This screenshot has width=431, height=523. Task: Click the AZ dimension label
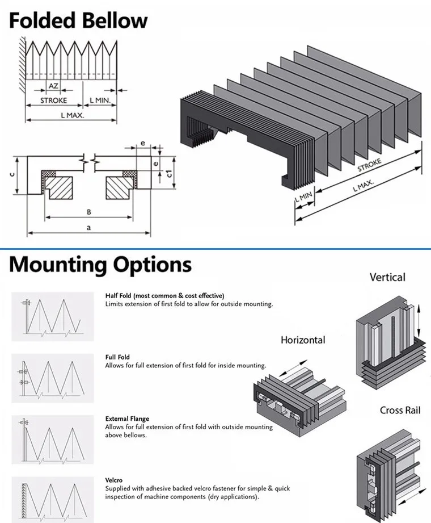point(53,86)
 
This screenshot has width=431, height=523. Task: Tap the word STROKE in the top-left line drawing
point(53,101)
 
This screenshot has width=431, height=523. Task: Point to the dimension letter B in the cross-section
point(88,212)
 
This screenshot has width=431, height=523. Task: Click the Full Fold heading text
point(118,357)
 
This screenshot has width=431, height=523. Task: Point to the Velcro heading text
point(113,480)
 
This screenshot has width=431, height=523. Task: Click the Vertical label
point(387,277)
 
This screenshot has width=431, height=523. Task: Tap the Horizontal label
point(303,340)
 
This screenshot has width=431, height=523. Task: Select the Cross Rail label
point(400,410)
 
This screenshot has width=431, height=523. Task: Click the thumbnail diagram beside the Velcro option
point(52,496)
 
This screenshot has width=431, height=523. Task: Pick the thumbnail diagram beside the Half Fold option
point(52,316)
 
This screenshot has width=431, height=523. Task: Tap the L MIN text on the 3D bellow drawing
point(304,199)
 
